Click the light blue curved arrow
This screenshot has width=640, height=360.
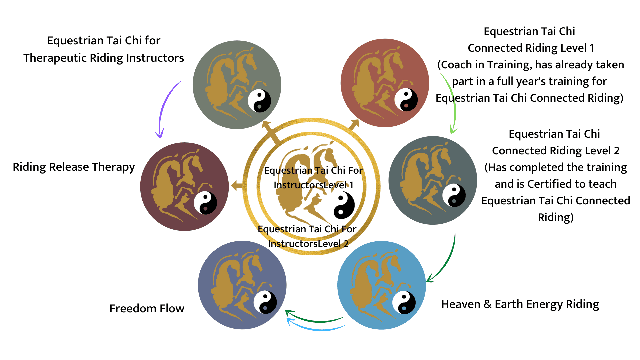[x=317, y=328]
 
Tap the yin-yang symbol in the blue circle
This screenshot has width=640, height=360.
[x=404, y=303]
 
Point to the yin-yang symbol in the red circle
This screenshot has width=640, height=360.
[x=406, y=100]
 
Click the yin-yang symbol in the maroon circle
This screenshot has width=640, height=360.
[x=205, y=203]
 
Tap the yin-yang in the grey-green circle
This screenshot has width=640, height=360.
[x=259, y=101]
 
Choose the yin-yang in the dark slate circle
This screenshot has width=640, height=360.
[x=454, y=195]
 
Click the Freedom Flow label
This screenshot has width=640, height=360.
[x=147, y=308]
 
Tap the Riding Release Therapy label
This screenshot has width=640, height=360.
[x=74, y=167]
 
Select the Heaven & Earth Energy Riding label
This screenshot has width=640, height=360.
[x=520, y=304]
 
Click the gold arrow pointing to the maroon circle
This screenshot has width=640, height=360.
[x=237, y=185]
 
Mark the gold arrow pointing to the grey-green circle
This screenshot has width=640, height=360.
[x=271, y=131]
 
